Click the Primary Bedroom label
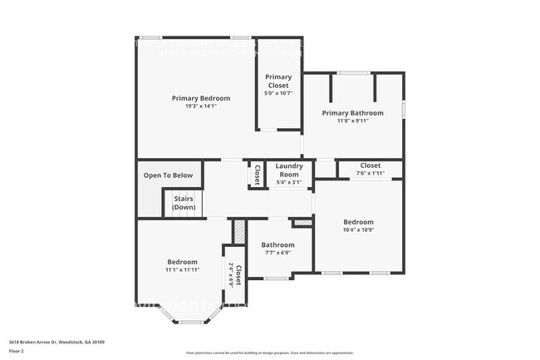point(200,98)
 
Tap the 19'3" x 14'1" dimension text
point(200,106)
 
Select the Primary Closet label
point(278,81)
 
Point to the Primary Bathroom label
point(352,112)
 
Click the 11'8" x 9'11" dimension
point(352,121)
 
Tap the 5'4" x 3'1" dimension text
point(289,181)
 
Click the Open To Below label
point(168,175)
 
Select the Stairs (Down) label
point(184,203)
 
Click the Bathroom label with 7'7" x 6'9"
point(277,244)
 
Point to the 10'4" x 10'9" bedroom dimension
point(359,230)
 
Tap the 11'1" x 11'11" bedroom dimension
point(181,269)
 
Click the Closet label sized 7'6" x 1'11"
point(371,165)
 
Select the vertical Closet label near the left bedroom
point(238,274)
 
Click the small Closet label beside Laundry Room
point(257,175)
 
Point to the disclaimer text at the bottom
point(269,353)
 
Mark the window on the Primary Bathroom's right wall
point(404,109)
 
